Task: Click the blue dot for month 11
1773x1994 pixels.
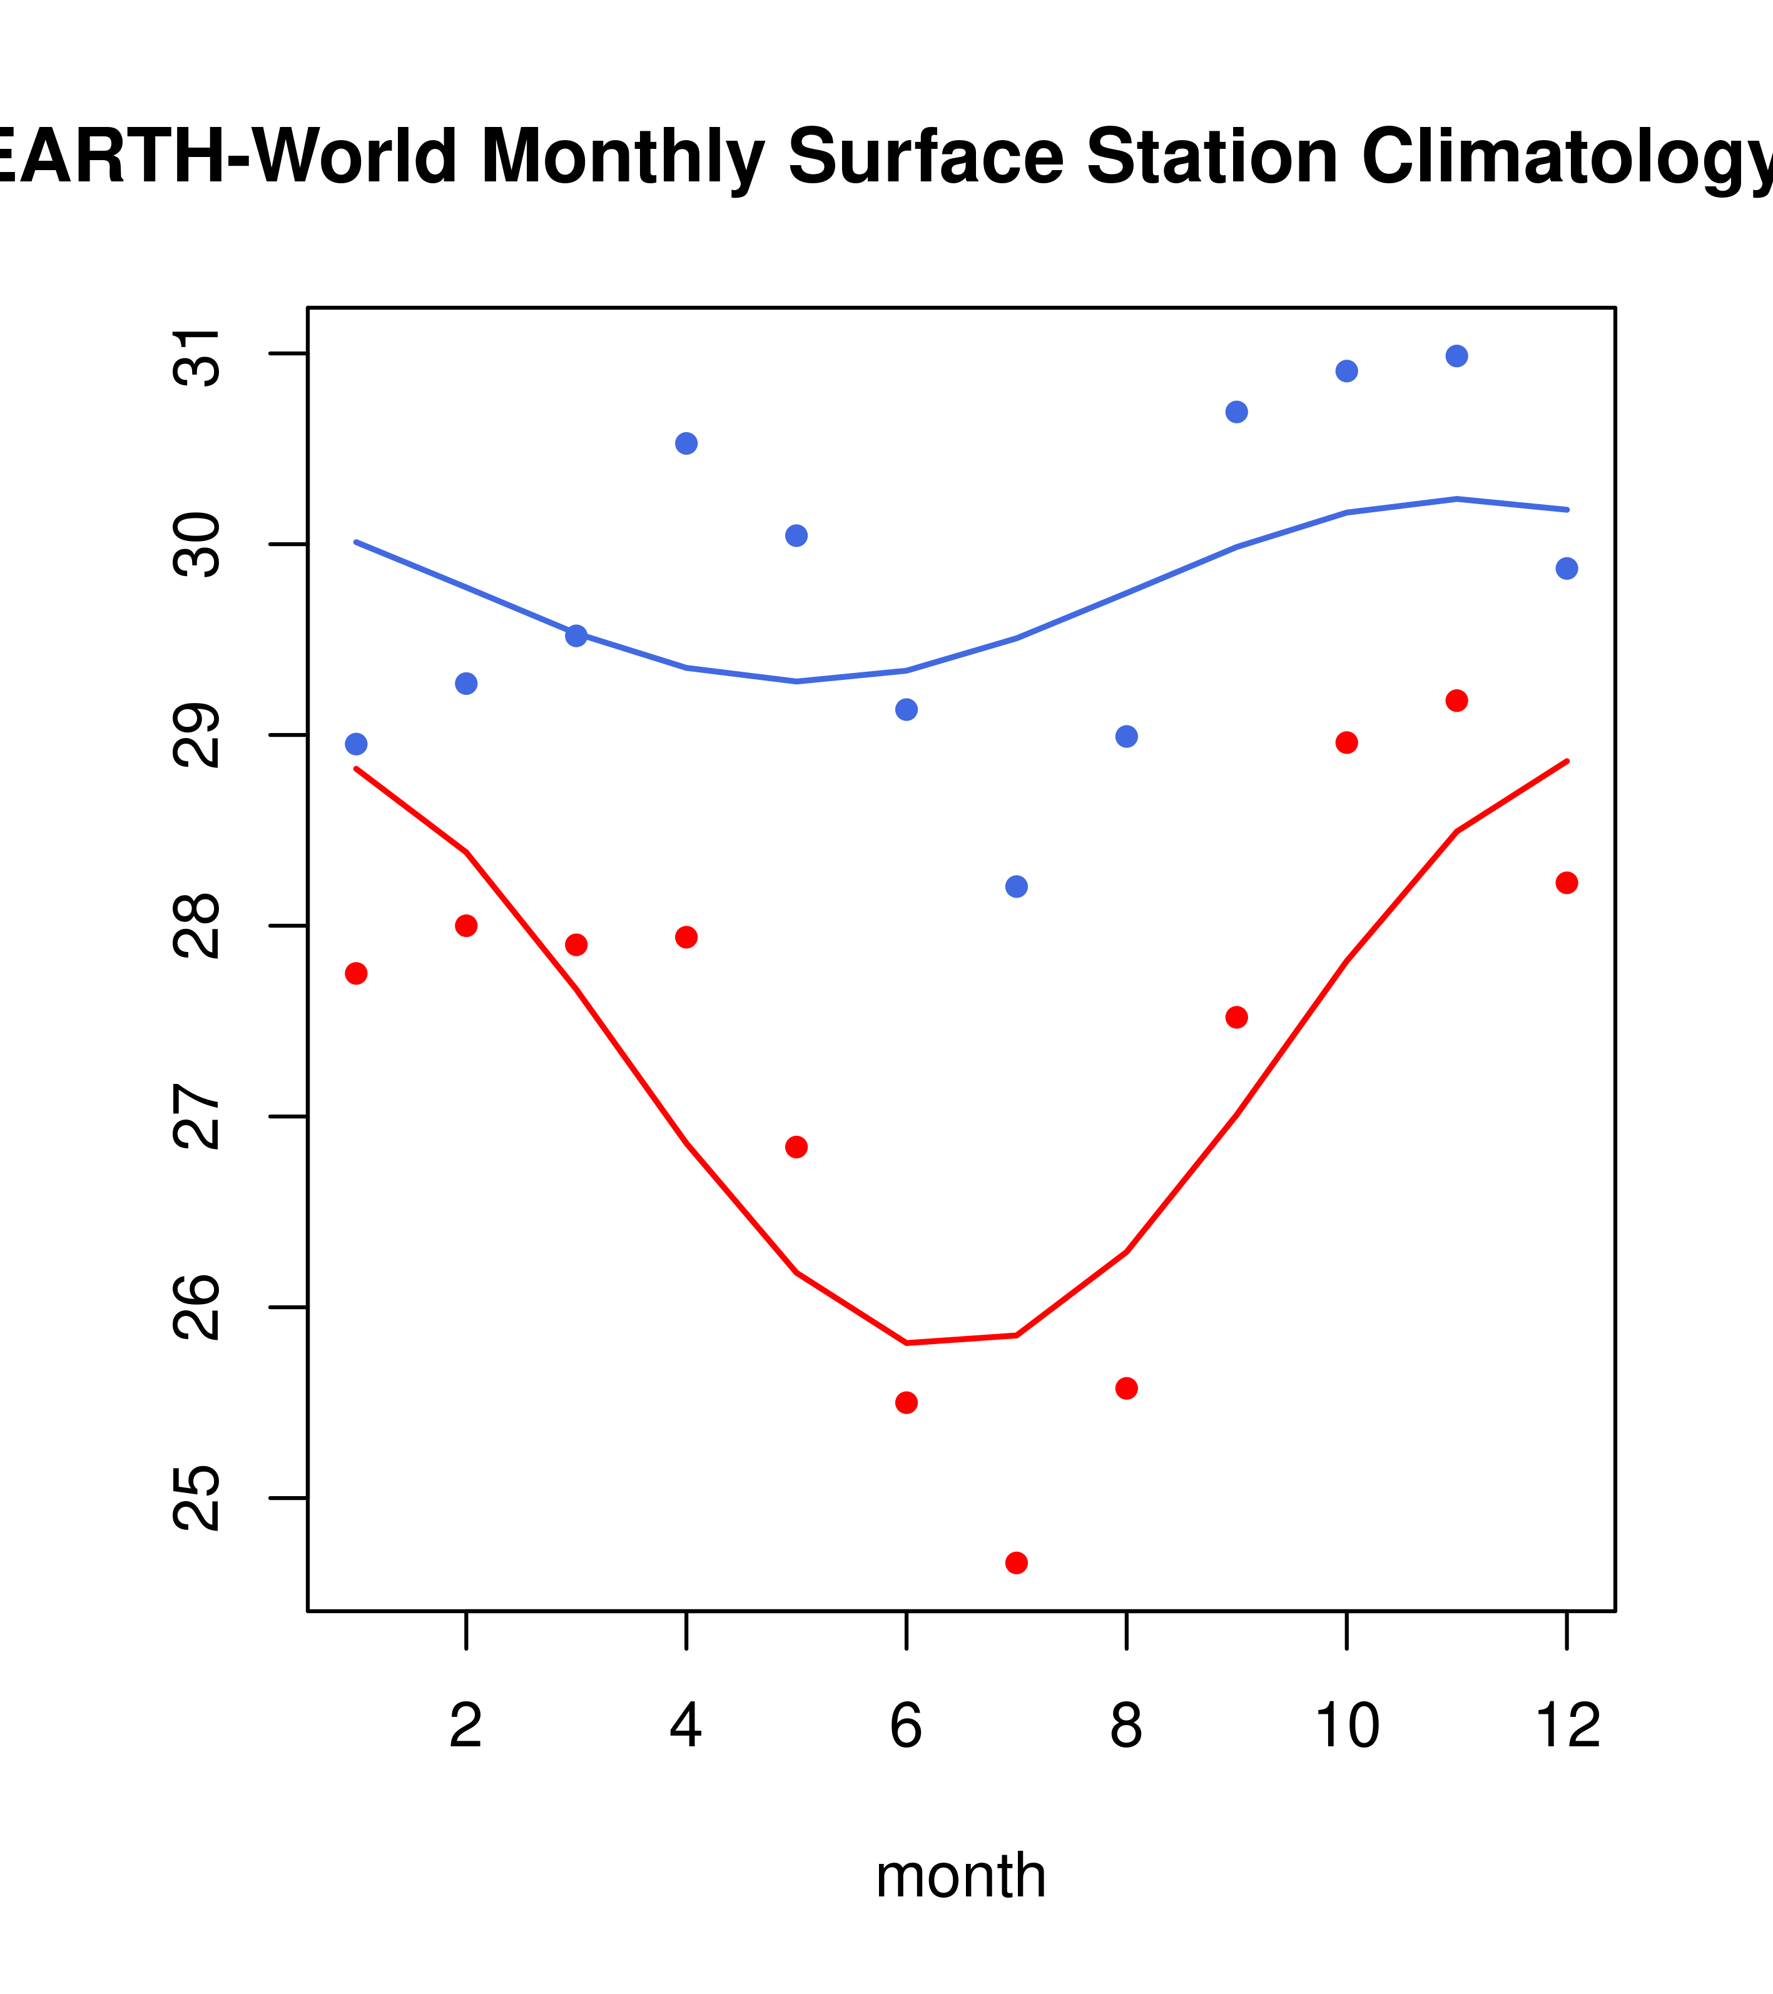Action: pos(1456,356)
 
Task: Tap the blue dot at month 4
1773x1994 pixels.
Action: pos(686,444)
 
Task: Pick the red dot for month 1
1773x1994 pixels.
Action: pos(356,974)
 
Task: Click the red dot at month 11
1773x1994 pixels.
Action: pos(1456,701)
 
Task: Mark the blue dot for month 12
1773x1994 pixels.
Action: pos(1566,569)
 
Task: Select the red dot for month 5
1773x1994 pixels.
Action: pos(796,1147)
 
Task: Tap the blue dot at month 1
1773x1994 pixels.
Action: pos(356,744)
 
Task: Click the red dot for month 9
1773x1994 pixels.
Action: pos(1236,1018)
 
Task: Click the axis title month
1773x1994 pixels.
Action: pos(960,1876)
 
